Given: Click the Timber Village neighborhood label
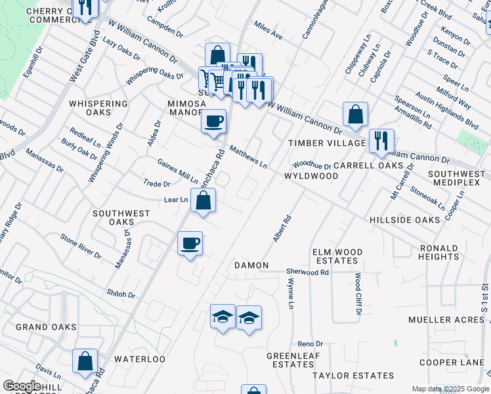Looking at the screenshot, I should pos(327,143).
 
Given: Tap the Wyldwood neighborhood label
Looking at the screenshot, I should pos(311,176).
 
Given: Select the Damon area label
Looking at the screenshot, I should pos(252,265).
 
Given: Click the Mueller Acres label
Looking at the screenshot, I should pos(445,320).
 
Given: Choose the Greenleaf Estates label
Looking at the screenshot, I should pos(290,360).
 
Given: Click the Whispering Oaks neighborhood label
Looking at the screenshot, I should pos(98,108).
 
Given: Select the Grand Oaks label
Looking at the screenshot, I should pos(41,327).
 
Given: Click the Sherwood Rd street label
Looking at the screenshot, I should pos(307,271).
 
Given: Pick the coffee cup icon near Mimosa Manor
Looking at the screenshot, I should pos(213,121).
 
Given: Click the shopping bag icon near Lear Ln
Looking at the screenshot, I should pos(203,200).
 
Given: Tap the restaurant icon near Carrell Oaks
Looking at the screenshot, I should pos(381,140).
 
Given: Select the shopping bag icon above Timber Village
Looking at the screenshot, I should pos(355,114).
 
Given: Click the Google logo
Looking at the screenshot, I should pos(21,386).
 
